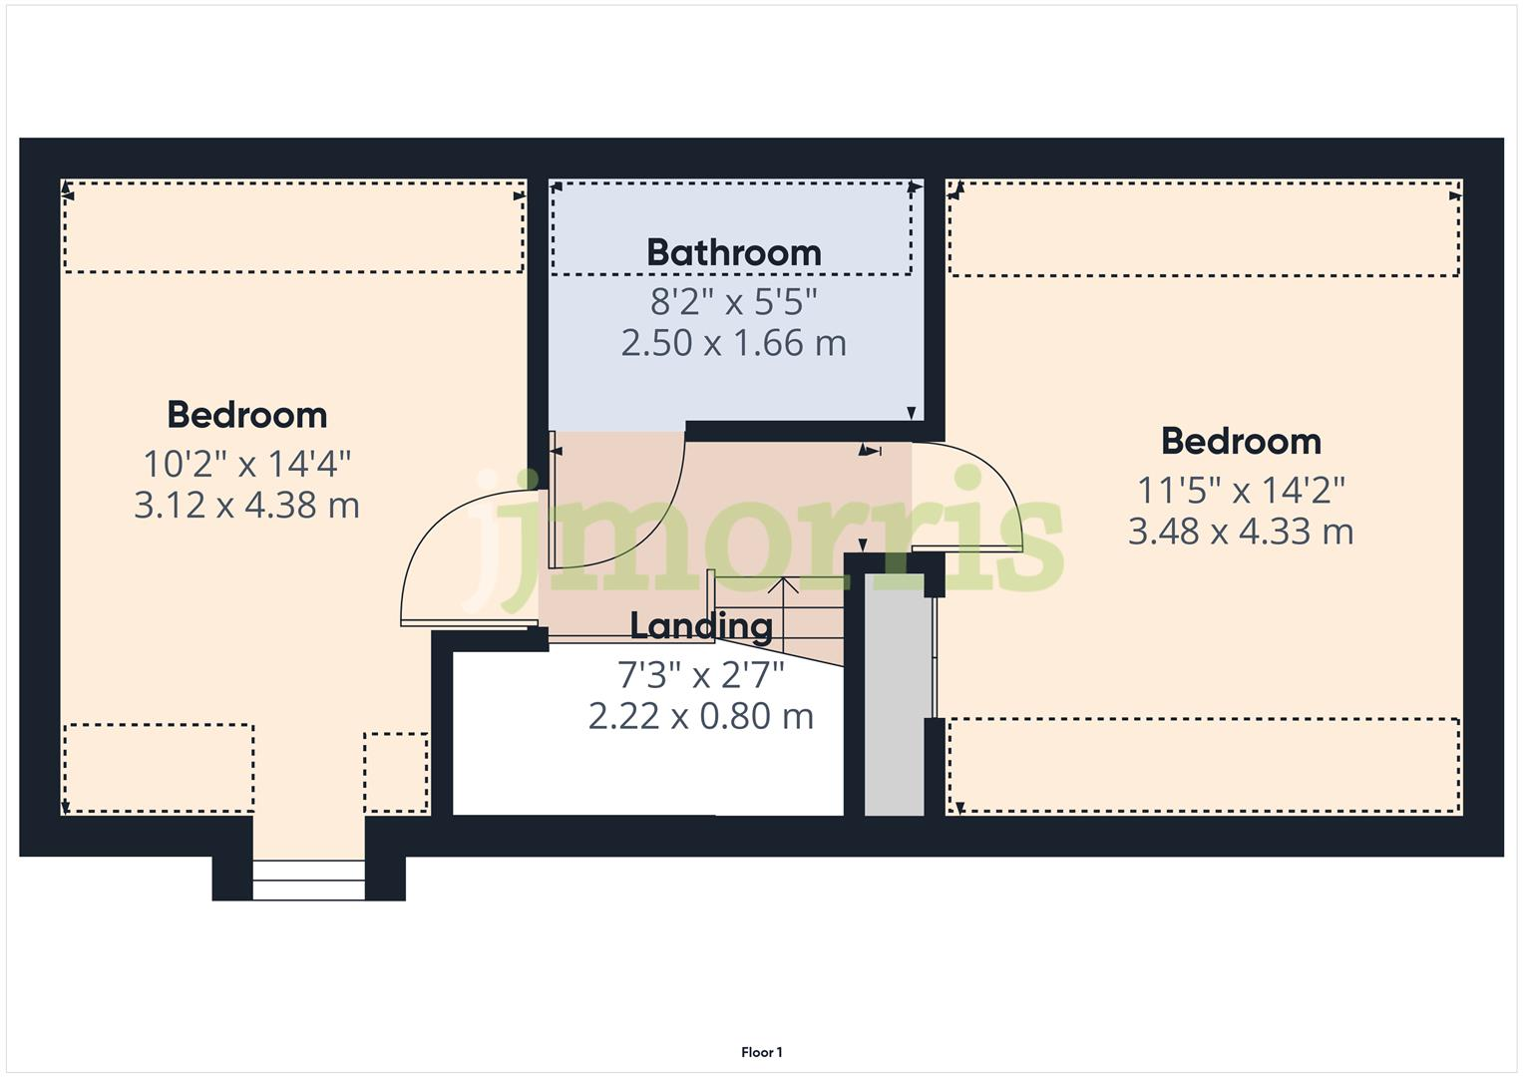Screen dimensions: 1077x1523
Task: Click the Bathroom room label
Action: (733, 252)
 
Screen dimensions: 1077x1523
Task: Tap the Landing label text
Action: (701, 626)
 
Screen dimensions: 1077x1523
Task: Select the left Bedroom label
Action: (246, 415)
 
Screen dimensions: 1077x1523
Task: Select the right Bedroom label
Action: (1241, 441)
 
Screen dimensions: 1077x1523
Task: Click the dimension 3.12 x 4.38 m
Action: (246, 506)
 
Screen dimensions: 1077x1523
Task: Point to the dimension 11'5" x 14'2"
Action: (1241, 490)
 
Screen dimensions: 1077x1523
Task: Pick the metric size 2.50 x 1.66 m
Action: (733, 343)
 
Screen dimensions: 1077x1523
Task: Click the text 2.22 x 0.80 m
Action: (700, 716)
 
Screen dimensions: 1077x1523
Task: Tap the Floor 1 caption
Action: (762, 1052)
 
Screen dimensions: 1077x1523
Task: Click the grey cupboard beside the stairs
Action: (894, 698)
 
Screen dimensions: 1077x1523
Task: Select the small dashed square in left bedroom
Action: (396, 773)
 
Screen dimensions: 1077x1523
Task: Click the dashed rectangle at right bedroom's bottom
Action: (1204, 766)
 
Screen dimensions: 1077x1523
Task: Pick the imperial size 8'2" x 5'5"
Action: (733, 299)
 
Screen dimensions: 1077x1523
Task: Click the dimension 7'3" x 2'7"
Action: (700, 675)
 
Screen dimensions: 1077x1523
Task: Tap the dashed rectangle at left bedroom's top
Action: (293, 226)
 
